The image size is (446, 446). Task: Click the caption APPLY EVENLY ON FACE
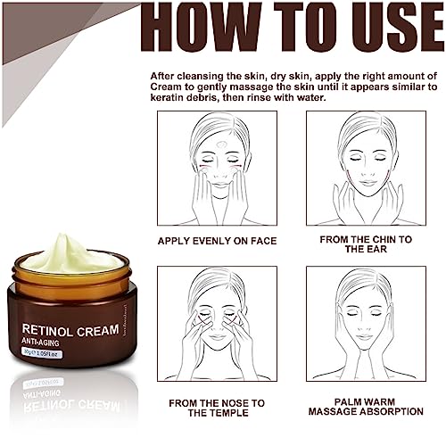pyautogui.click(x=217, y=241)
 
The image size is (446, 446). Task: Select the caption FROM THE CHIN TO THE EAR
pyautogui.click(x=366, y=244)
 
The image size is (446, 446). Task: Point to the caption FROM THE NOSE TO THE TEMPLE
pyautogui.click(x=217, y=408)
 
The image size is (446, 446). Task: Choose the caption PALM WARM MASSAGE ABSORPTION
pyautogui.click(x=366, y=407)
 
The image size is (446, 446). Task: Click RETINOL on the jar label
pyautogui.click(x=47, y=330)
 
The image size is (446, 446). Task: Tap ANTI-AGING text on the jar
pyautogui.click(x=40, y=342)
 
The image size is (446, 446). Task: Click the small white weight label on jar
pyautogui.click(x=42, y=353)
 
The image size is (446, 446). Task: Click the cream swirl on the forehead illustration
pyautogui.click(x=220, y=145)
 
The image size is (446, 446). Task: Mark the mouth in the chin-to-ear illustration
pyautogui.click(x=368, y=182)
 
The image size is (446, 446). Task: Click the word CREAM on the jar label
pyautogui.click(x=97, y=331)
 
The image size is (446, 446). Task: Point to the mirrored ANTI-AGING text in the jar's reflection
pyautogui.click(x=42, y=394)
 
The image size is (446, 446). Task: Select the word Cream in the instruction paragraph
pyautogui.click(x=166, y=87)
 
